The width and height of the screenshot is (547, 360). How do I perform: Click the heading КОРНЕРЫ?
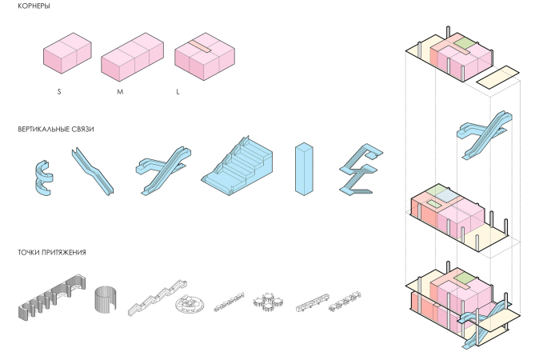[34, 6]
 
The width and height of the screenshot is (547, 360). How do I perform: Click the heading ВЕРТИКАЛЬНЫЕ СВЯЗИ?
[56, 129]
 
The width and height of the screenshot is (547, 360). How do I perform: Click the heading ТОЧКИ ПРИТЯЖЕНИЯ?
[52, 252]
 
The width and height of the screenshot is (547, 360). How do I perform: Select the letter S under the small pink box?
[59, 92]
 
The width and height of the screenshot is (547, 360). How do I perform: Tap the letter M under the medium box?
[120, 92]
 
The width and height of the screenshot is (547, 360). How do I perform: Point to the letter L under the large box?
[178, 92]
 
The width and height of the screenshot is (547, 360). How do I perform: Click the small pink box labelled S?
[67, 53]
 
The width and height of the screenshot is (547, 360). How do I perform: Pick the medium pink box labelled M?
[132, 58]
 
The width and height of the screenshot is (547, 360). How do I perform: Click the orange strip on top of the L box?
[200, 47]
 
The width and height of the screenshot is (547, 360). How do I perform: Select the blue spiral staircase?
[44, 178]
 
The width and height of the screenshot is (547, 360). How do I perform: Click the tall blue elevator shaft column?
[304, 169]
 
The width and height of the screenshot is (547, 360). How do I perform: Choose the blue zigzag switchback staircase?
[361, 169]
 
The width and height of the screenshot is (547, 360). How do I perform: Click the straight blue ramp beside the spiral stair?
[93, 171]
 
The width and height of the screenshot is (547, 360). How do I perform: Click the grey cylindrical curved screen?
[105, 298]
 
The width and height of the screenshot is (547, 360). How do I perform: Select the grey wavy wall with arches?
[52, 298]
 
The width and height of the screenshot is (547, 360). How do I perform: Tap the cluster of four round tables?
[268, 301]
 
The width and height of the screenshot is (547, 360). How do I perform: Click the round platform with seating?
[189, 303]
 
